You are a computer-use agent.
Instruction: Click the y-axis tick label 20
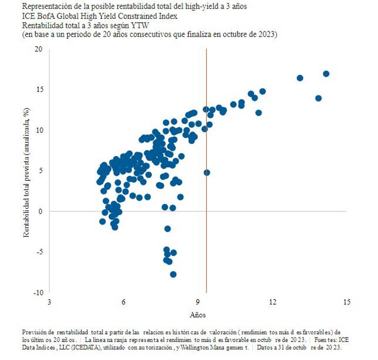(x=38, y=49)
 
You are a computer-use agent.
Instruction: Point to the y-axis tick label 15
(x=40, y=89)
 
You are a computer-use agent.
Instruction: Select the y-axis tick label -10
(x=38, y=293)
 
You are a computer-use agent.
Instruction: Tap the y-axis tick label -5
(x=40, y=252)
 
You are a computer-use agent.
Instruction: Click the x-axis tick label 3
(x=49, y=302)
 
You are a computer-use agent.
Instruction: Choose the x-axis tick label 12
(x=272, y=302)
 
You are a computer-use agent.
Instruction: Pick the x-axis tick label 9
(x=198, y=302)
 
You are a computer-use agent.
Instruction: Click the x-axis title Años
(x=198, y=315)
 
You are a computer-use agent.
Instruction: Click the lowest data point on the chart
(x=173, y=274)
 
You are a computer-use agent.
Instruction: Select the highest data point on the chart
(x=326, y=74)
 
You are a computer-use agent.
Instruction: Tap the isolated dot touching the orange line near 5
(x=207, y=173)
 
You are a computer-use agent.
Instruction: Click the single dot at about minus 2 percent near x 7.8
(x=167, y=229)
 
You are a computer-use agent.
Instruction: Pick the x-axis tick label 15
(x=347, y=302)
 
